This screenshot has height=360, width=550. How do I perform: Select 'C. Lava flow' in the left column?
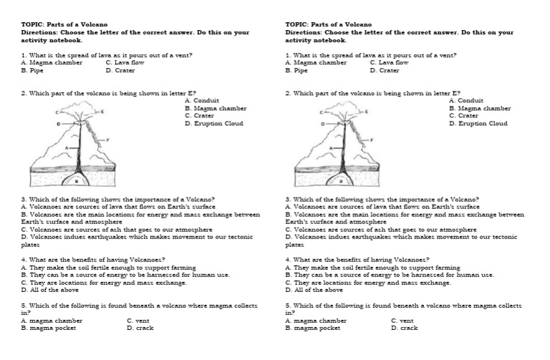(x=125, y=63)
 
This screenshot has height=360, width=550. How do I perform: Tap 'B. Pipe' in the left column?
(x=34, y=71)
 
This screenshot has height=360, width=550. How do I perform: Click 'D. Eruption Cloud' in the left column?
(x=213, y=124)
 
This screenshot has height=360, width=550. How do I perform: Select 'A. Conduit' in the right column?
(x=465, y=101)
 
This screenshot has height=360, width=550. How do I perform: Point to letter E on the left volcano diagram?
(x=102, y=112)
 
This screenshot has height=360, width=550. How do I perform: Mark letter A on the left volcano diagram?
(x=69, y=148)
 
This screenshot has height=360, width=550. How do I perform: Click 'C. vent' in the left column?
(x=138, y=321)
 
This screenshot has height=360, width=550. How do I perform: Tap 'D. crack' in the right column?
(x=405, y=328)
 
